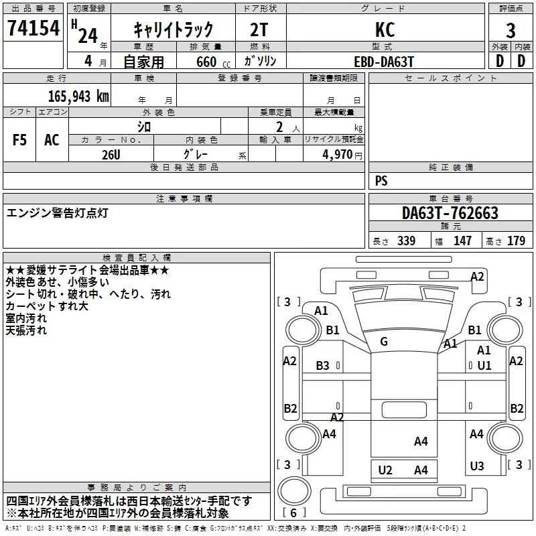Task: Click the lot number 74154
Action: pos(33,27)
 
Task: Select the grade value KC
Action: pos(385,29)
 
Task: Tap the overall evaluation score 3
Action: pos(511,30)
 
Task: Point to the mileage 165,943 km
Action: pos(78,96)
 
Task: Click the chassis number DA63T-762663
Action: pos(450,212)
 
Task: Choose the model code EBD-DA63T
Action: pos(384,62)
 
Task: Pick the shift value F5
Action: pos(19,140)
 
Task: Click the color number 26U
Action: pos(111,155)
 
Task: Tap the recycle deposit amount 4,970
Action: pos(338,154)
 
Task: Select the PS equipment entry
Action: pos(381,180)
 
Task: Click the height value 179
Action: pos(516,241)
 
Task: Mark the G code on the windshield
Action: pos(384,341)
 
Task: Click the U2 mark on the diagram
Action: pos(385,470)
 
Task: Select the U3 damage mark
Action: pos(477,466)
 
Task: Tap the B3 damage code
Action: pos(322,365)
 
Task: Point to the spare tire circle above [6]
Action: pos(294,491)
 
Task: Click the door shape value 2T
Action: pos(259,29)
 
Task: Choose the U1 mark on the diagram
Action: pos(484,365)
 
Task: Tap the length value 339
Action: pos(406,241)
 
